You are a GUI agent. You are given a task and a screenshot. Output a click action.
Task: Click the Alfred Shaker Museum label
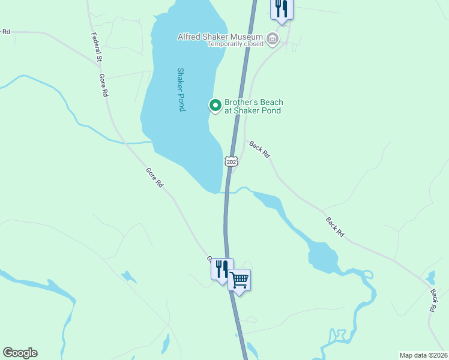pyautogui.click(x=221, y=37)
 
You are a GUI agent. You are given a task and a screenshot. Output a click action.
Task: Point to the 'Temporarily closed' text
pyautogui.click(x=235, y=44)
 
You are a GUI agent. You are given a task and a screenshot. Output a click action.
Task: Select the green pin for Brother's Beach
pyautogui.click(x=215, y=106)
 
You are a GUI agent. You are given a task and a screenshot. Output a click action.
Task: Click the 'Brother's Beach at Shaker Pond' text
pyautogui.click(x=253, y=106)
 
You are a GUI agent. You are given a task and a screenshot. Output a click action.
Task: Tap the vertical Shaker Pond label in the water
pyautogui.click(x=181, y=89)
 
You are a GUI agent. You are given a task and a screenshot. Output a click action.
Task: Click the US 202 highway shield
pyautogui.click(x=232, y=161)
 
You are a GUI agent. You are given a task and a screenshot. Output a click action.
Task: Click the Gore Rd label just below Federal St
pyautogui.click(x=103, y=86)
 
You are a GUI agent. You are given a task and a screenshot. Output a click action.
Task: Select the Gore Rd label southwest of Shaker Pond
pyautogui.click(x=154, y=178)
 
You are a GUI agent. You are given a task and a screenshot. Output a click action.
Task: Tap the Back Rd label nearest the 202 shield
pyautogui.click(x=259, y=150)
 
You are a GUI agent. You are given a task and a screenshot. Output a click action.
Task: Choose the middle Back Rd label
pyautogui.click(x=335, y=226)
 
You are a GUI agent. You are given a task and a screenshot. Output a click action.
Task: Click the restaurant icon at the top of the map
pyautogui.click(x=282, y=8)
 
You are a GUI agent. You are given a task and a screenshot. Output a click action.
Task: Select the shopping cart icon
pyautogui.click(x=239, y=280)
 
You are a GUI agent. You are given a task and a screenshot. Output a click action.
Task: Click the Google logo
pyautogui.click(x=20, y=353)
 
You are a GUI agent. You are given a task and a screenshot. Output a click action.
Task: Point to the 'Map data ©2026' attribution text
pyautogui.click(x=423, y=355)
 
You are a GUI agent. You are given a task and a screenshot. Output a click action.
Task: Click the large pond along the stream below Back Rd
pyautogui.click(x=322, y=257)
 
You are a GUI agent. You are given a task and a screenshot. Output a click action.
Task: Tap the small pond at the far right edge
pyautogui.click(x=430, y=277)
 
